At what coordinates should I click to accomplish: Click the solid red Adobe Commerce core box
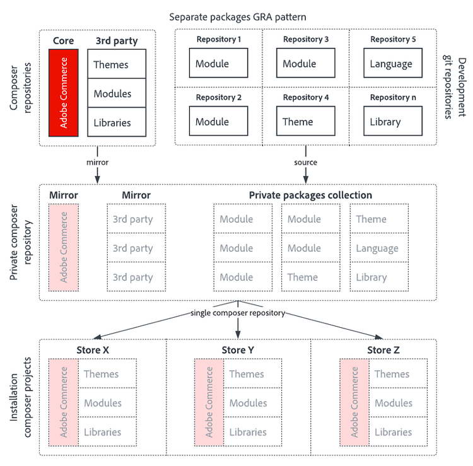(x=63, y=93)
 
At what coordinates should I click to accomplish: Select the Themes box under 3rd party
(x=117, y=64)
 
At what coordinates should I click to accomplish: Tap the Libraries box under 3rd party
(x=117, y=122)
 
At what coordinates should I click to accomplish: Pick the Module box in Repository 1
(x=218, y=63)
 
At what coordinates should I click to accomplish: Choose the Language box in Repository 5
(x=392, y=63)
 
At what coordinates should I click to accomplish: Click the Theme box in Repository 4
(x=305, y=121)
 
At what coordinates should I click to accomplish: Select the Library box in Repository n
(x=392, y=121)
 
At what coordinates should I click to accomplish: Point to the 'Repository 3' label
(x=306, y=39)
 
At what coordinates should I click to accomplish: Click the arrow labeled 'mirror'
(x=97, y=162)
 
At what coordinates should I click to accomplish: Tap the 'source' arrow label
(x=306, y=162)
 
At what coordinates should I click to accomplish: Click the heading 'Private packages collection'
(x=310, y=195)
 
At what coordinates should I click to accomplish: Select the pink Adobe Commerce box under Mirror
(x=63, y=247)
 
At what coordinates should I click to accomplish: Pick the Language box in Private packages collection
(x=378, y=248)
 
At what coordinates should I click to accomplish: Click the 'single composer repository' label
(x=238, y=313)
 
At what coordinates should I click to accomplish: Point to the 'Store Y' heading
(x=238, y=350)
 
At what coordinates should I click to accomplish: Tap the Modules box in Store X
(x=107, y=403)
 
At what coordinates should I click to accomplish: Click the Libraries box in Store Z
(x=398, y=432)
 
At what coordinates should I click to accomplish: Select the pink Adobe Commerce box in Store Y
(x=209, y=403)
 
